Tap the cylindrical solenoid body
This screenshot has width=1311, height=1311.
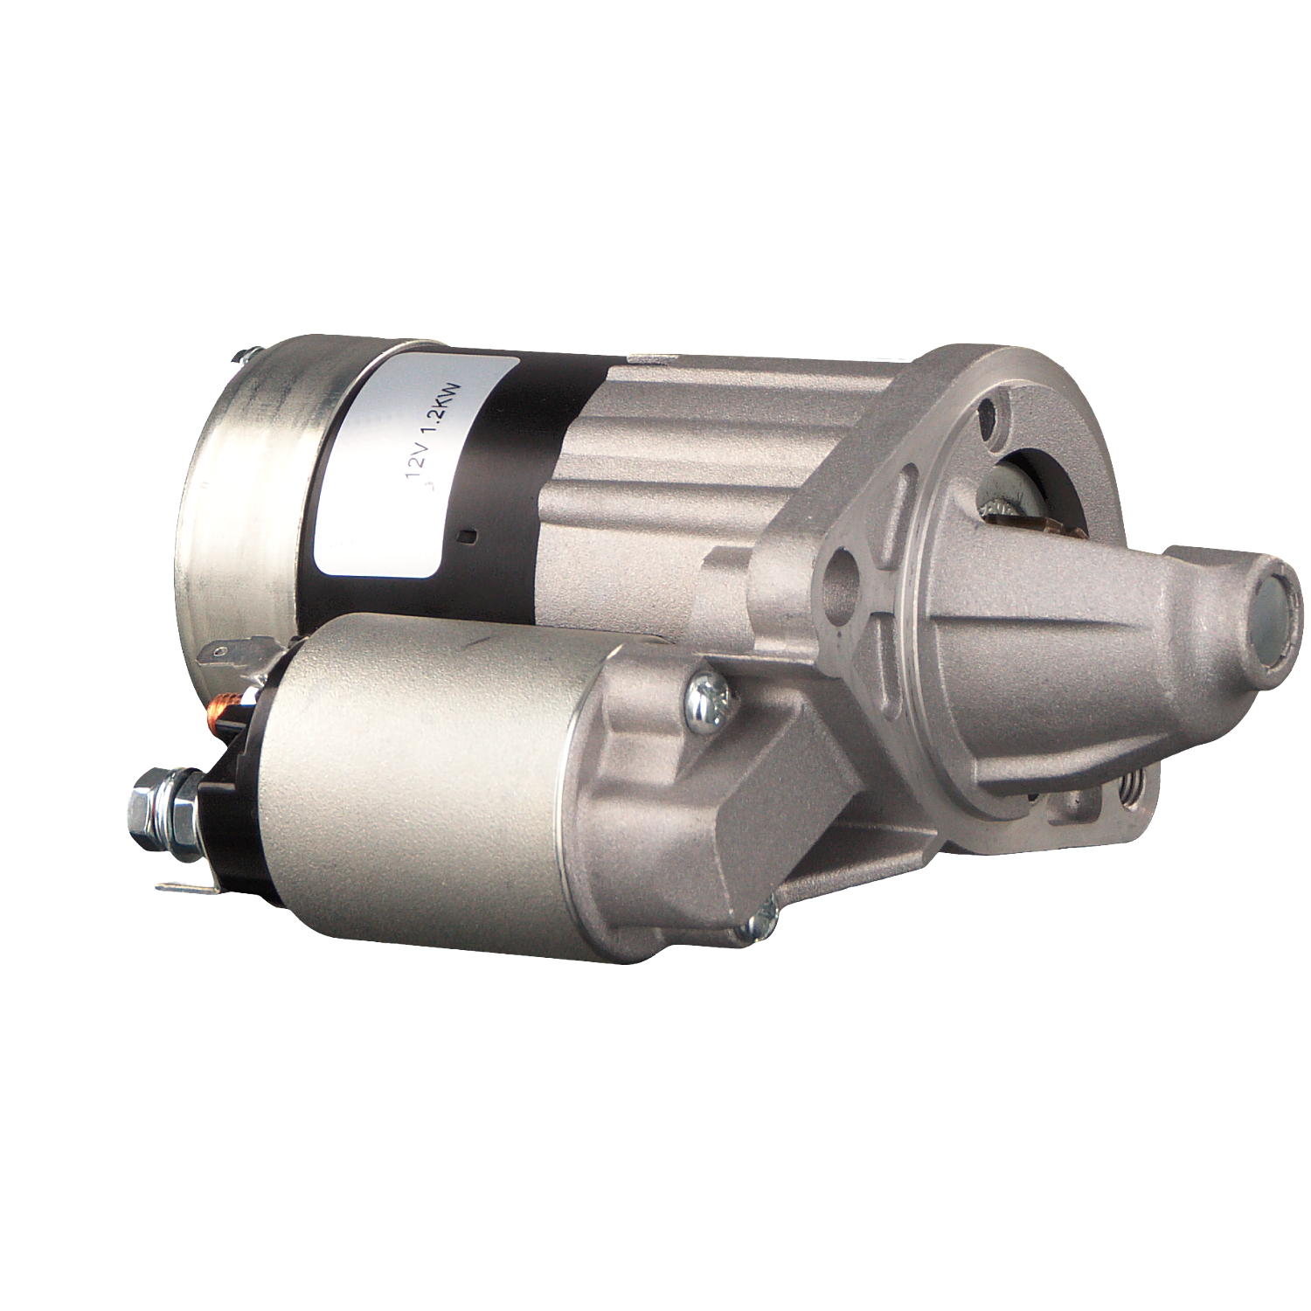tap(420, 778)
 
